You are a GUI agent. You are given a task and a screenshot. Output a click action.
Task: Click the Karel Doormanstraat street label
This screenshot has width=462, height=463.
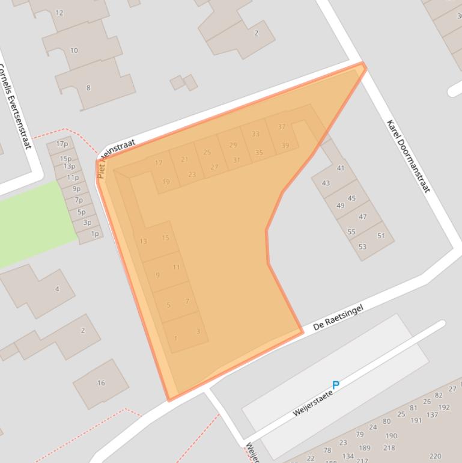coord(409,156)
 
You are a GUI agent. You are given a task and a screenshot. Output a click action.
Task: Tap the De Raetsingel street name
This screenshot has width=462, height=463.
coord(338,318)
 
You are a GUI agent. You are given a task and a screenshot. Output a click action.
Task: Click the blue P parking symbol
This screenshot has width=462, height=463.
coord(336,385)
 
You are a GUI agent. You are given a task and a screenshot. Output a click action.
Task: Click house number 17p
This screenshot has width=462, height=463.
coord(62,144)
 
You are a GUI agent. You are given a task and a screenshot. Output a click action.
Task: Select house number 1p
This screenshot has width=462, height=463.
coord(94,234)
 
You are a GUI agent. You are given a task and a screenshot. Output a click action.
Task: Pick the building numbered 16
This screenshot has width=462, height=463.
coord(101,382)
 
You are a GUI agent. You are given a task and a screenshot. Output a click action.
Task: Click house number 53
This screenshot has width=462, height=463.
coord(362,247)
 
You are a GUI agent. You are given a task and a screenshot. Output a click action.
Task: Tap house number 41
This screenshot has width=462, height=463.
coord(341,168)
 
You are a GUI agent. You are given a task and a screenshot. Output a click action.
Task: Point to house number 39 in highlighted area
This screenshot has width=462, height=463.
coord(285,146)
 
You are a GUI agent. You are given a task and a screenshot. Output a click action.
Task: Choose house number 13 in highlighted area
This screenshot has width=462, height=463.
coord(143,241)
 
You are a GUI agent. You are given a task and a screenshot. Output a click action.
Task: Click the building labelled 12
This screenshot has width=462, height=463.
coord(59,13)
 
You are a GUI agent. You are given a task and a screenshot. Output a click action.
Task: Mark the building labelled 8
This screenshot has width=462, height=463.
coord(88,88)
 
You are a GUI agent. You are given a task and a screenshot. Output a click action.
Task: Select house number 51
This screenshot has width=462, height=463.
coord(381,236)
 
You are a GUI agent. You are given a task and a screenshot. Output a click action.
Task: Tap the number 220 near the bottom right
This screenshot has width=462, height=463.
coord(435,456)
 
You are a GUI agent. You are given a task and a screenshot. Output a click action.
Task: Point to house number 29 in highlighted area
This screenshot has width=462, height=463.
coord(233,145)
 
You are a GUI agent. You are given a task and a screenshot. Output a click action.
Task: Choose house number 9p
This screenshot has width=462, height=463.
coord(76,189)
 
